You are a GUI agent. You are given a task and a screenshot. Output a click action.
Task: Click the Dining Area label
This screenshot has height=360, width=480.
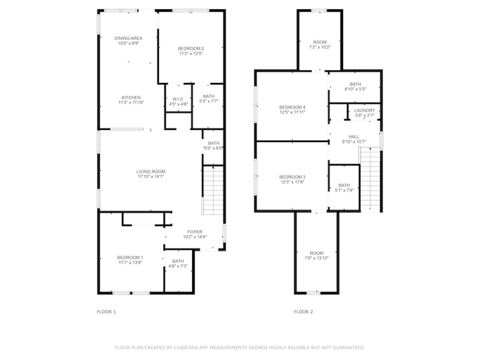click(x=128, y=38)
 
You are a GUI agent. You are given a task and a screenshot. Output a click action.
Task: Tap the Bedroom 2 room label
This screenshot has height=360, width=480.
click(x=191, y=48)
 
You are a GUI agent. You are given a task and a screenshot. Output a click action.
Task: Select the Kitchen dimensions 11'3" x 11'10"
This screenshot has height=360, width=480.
click(x=131, y=103)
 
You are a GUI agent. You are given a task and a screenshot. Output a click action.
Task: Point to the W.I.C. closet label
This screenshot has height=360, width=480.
click(x=179, y=99)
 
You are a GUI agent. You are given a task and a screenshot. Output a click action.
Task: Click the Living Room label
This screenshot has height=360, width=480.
click(x=150, y=172)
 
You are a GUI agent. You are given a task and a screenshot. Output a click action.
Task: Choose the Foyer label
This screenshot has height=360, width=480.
click(x=195, y=232)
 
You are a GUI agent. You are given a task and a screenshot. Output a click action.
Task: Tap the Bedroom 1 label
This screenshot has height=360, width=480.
click(x=130, y=257)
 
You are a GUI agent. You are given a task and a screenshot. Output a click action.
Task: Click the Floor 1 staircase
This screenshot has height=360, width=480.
click(x=213, y=190)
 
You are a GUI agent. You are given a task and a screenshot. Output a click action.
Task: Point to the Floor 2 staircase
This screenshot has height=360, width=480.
click(x=370, y=180)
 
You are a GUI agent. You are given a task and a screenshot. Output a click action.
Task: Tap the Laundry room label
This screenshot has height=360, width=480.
click(x=365, y=110)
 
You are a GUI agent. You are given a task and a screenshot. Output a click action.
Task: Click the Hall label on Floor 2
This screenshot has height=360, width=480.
click(x=354, y=136)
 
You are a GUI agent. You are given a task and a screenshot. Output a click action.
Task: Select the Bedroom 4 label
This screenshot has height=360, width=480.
click(x=292, y=107)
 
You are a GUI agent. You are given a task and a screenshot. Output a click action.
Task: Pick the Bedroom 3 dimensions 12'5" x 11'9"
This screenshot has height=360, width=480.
click(x=292, y=182)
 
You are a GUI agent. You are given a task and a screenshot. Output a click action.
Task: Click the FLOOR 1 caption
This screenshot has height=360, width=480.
click(x=106, y=312)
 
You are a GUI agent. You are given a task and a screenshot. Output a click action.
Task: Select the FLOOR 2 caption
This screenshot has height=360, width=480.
click(x=303, y=312)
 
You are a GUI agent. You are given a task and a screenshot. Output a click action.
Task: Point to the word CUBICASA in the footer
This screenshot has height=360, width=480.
click(x=186, y=347)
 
